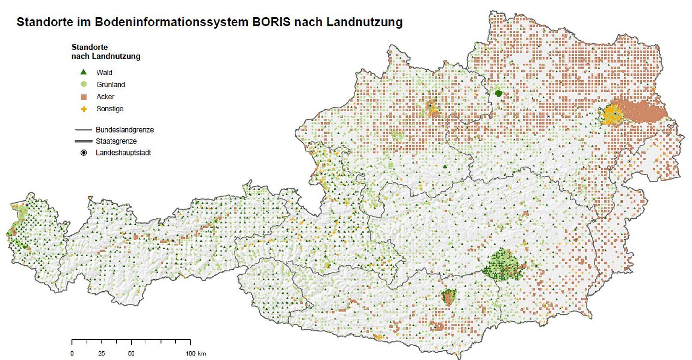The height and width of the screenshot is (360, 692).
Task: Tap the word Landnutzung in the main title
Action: (x=364, y=22)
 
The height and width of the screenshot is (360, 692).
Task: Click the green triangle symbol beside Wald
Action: (x=84, y=72)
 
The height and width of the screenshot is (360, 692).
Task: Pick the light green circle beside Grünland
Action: (x=84, y=84)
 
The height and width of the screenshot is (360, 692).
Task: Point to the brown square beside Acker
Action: (x=84, y=97)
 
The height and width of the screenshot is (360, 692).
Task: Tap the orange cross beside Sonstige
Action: (x=84, y=109)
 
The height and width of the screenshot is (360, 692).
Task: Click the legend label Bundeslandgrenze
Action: (x=125, y=130)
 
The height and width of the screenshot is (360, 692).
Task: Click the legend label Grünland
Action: (x=111, y=84)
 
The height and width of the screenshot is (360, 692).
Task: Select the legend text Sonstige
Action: (x=110, y=109)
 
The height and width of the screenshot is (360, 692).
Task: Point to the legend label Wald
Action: (x=104, y=72)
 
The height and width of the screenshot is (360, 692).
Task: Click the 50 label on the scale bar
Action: (x=131, y=354)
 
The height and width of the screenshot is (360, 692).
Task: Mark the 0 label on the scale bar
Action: (x=72, y=354)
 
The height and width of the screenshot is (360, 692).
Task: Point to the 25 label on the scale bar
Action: (x=101, y=354)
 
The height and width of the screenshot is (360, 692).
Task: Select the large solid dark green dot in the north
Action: (x=498, y=93)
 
